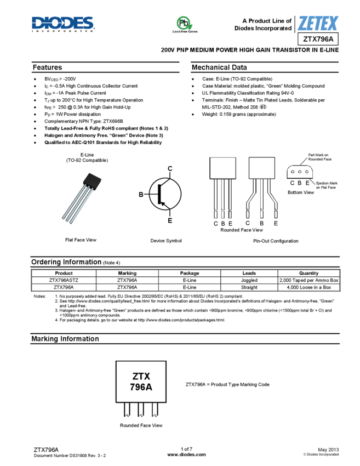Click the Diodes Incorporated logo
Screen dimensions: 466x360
[x=63, y=24]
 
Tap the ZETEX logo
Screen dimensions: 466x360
[x=318, y=24]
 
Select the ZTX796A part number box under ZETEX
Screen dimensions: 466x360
[x=318, y=39]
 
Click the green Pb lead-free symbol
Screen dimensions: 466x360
[x=185, y=23]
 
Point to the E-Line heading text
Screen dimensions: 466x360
[x=87, y=155]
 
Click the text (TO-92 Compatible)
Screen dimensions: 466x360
[x=87, y=161]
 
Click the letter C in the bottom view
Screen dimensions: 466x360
[x=292, y=183]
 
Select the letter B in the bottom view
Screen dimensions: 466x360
[x=300, y=183]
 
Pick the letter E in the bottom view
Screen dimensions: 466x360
[x=307, y=183]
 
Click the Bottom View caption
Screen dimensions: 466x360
[x=301, y=192]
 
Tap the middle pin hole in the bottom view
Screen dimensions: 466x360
[x=300, y=172]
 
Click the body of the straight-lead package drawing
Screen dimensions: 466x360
[x=222, y=168]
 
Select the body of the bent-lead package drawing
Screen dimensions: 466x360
[x=261, y=168]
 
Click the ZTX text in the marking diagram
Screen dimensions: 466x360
[x=141, y=377]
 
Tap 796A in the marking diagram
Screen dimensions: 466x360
[x=141, y=387]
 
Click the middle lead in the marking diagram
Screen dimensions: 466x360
[x=141, y=410]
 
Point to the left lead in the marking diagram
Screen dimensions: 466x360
[x=127, y=410]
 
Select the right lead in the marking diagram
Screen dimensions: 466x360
[x=155, y=410]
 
